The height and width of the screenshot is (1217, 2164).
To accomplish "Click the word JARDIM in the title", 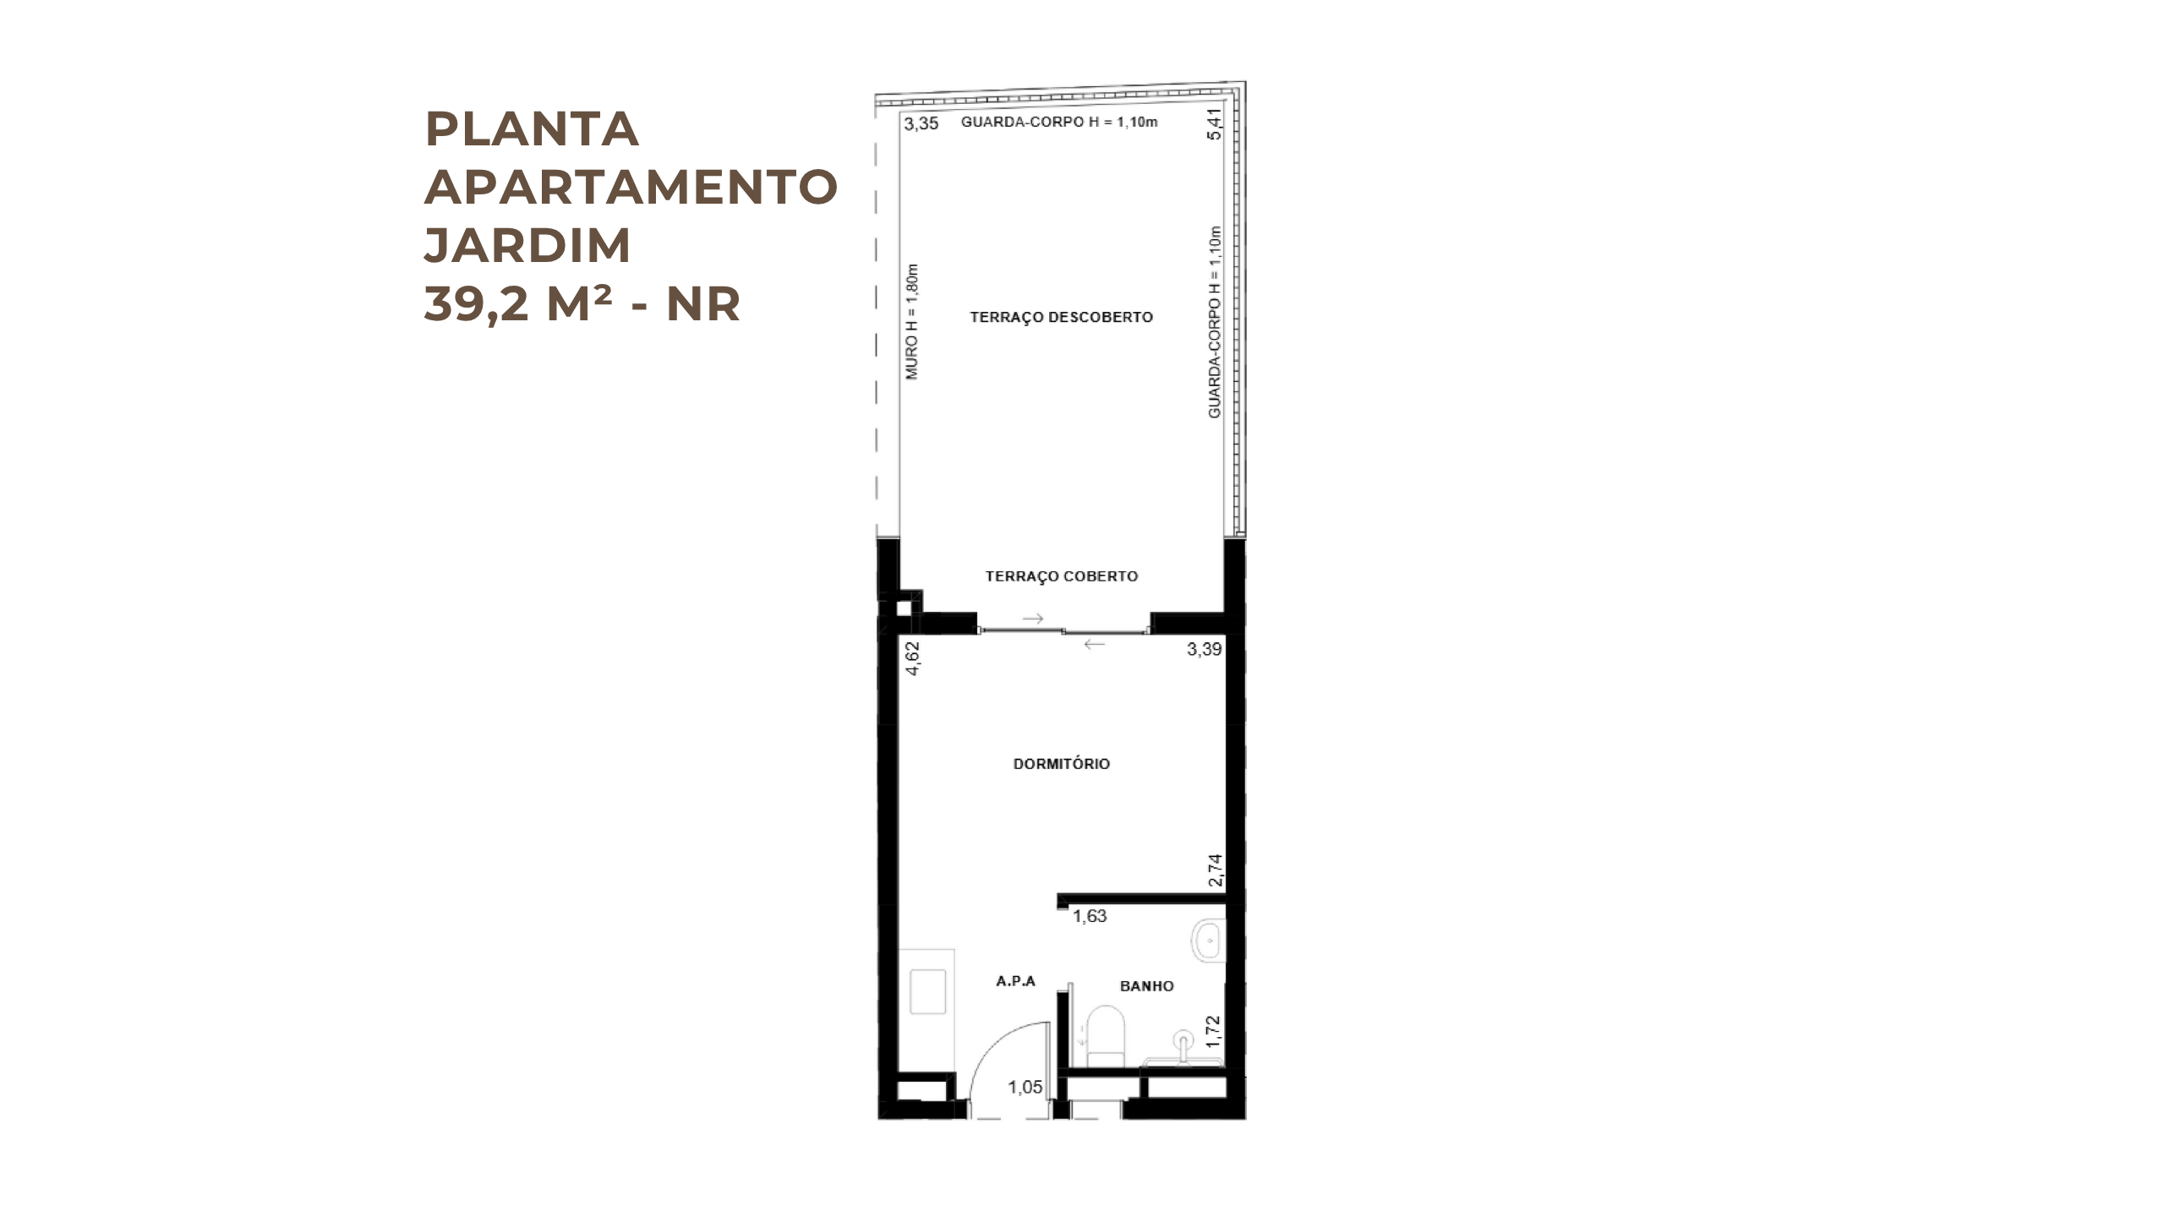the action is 527,244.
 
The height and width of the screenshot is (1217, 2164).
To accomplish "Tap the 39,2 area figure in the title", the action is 477,304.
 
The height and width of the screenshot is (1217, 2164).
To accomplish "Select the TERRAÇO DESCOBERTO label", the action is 1061,317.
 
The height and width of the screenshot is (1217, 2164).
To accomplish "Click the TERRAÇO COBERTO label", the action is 1062,576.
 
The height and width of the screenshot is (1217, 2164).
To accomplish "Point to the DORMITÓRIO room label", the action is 1062,764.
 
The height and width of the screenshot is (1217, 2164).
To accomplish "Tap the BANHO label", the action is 1147,986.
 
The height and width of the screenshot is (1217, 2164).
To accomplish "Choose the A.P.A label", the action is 1016,981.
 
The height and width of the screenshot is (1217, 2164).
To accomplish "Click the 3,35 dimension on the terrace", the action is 921,123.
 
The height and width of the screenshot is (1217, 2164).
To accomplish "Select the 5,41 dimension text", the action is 1215,123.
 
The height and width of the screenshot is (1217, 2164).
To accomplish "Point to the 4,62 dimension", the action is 913,658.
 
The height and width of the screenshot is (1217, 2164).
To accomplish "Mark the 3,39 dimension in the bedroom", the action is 1205,649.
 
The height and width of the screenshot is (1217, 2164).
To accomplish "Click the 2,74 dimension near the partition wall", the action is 1216,870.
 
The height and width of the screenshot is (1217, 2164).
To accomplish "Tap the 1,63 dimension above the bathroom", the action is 1090,916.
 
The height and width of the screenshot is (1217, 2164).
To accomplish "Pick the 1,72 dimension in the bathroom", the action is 1214,1032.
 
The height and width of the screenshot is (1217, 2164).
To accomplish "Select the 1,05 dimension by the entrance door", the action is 1025,1088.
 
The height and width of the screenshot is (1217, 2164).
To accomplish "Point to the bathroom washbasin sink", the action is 1208,940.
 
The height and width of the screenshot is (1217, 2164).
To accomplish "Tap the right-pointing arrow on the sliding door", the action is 1033,619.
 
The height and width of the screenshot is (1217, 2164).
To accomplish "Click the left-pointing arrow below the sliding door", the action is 1094,644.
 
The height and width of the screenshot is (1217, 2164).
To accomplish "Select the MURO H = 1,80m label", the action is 912,322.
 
